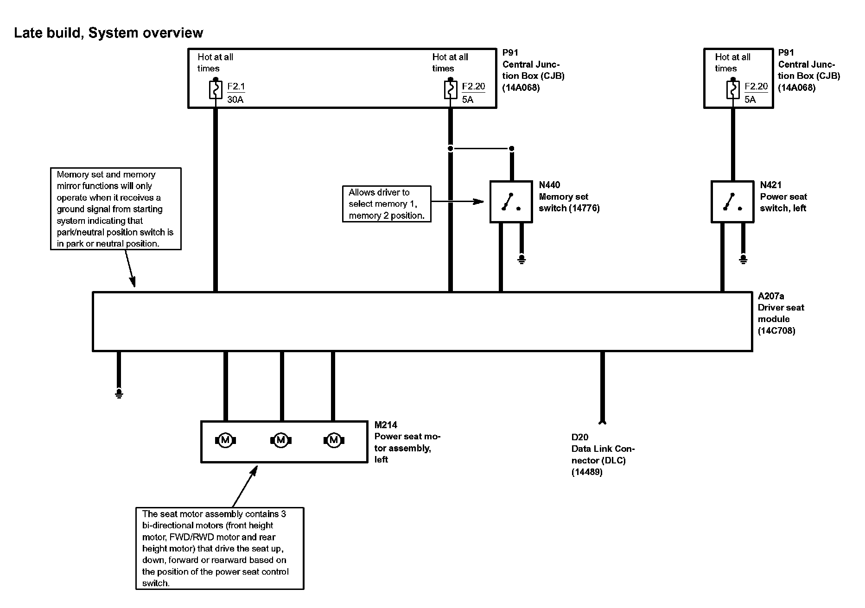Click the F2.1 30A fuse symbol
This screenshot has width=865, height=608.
(x=216, y=90)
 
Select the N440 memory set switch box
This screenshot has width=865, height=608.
(x=511, y=202)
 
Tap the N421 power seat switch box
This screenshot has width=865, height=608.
(x=732, y=202)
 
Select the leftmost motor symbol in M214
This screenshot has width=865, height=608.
(x=226, y=440)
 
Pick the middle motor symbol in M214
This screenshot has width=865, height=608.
(x=280, y=440)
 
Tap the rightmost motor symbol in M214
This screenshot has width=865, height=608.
(x=334, y=440)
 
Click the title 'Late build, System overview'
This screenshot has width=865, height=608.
(x=108, y=33)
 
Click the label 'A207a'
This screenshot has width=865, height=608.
(x=771, y=296)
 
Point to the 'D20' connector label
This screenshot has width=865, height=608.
(x=579, y=437)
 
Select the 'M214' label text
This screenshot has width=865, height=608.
(x=386, y=425)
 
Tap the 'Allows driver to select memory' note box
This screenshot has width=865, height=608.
(x=386, y=204)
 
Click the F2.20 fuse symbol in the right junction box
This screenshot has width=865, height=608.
(x=733, y=90)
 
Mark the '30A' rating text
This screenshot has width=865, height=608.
(x=235, y=99)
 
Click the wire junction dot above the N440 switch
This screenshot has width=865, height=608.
(x=512, y=149)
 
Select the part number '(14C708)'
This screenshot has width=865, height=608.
(x=776, y=331)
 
